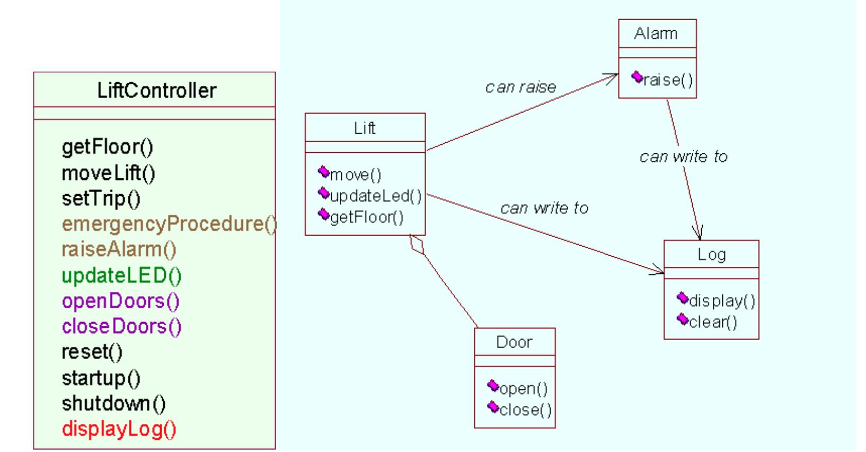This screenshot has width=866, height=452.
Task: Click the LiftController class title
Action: [x=157, y=91]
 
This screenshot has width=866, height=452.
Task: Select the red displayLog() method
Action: [x=119, y=429]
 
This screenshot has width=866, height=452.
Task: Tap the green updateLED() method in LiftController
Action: [x=122, y=275]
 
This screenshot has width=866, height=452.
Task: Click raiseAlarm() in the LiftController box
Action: [x=119, y=249]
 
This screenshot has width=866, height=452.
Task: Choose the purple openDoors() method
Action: [x=121, y=301]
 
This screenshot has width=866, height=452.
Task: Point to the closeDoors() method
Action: [x=122, y=326]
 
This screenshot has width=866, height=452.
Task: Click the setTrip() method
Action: [x=101, y=198]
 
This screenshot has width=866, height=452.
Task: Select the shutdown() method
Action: [x=114, y=404]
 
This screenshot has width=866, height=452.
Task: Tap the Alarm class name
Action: [x=656, y=33]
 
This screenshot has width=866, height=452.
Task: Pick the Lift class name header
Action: [x=365, y=128]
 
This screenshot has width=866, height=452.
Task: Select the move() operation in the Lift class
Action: [x=356, y=175]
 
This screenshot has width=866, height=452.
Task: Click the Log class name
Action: [x=711, y=255]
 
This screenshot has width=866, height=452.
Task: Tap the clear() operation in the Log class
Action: [x=713, y=321]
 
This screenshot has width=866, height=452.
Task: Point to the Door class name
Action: [x=514, y=342]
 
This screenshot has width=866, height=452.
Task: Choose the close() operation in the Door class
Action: [x=525, y=410]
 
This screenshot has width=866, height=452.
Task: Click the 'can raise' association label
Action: [x=520, y=87]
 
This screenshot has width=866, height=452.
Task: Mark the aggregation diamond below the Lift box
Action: [x=418, y=245]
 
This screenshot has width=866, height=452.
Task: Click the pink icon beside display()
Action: [x=683, y=299]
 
